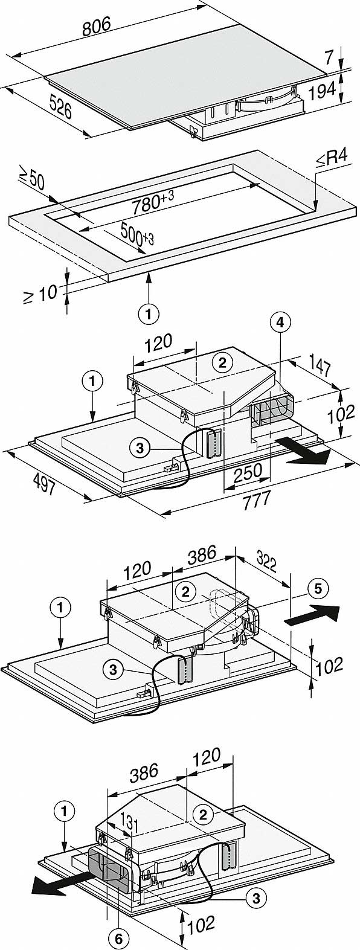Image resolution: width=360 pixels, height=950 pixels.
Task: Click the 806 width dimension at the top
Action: coord(96,27)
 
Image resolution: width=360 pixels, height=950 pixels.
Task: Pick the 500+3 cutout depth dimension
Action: coord(137,234)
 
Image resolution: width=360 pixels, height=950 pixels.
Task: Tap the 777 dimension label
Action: coord(257,501)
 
